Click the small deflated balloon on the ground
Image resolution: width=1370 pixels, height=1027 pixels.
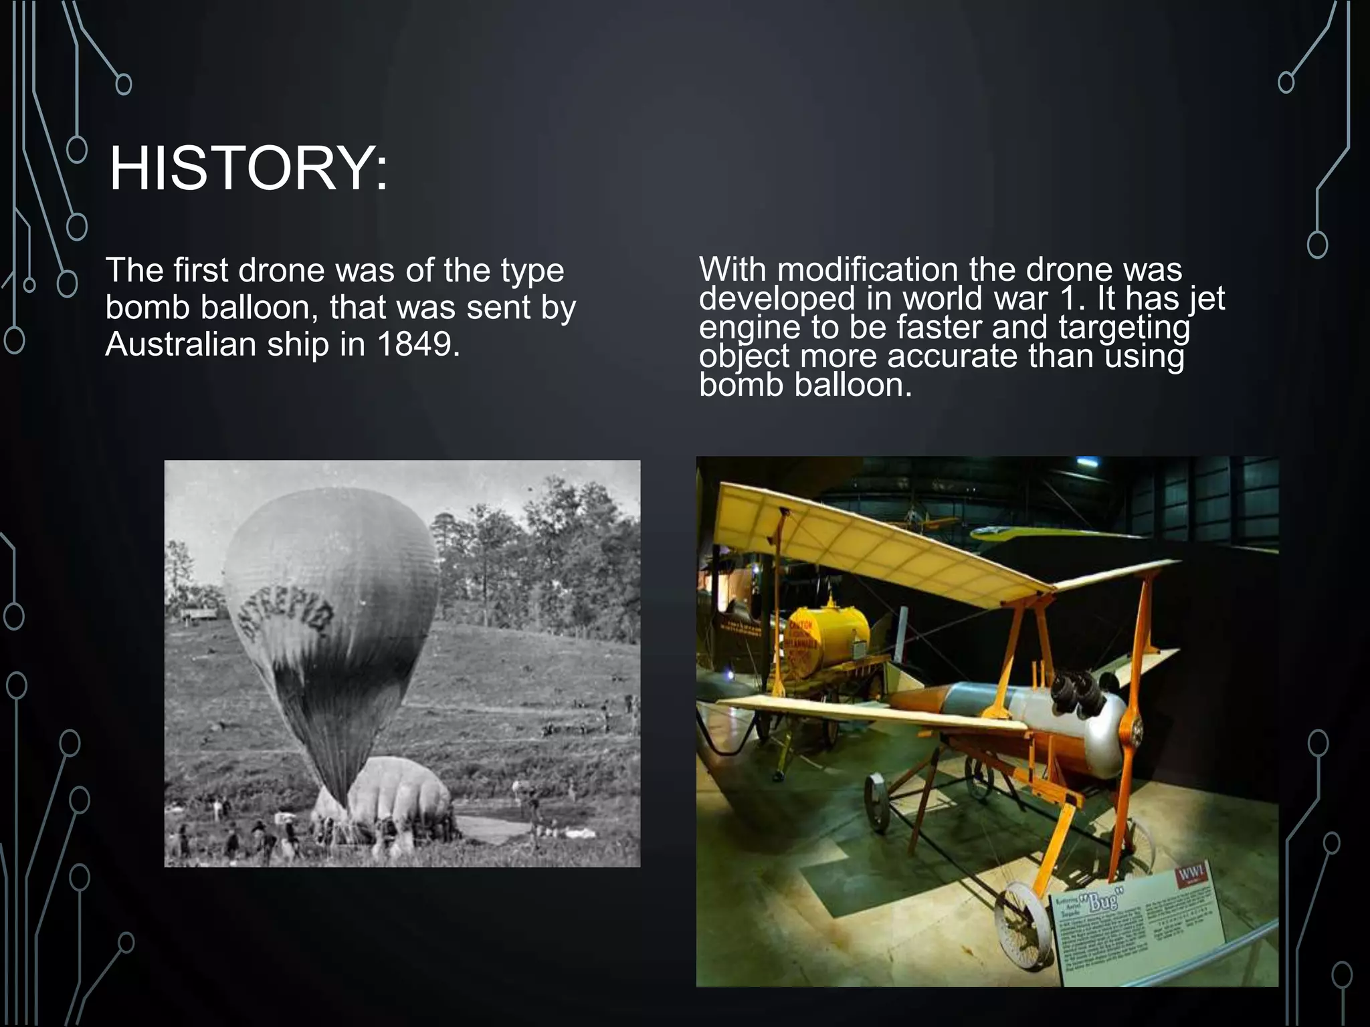click(395, 799)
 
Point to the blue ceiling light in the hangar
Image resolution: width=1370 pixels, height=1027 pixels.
click(1087, 461)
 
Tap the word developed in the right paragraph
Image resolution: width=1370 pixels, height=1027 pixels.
click(777, 299)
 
